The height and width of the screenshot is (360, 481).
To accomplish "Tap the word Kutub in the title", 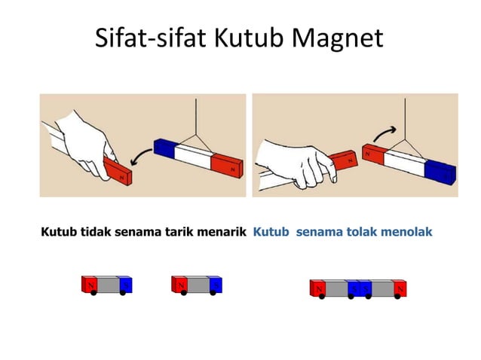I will click(244, 38).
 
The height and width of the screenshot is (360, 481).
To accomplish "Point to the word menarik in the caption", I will click(222, 232).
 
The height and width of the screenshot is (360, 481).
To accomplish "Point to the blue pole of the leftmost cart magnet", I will click(126, 285).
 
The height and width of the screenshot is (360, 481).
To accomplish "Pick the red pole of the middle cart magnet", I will click(179, 285).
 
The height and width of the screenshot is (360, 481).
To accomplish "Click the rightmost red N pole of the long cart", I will click(400, 288).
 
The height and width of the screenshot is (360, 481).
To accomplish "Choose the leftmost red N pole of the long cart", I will click(317, 288).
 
